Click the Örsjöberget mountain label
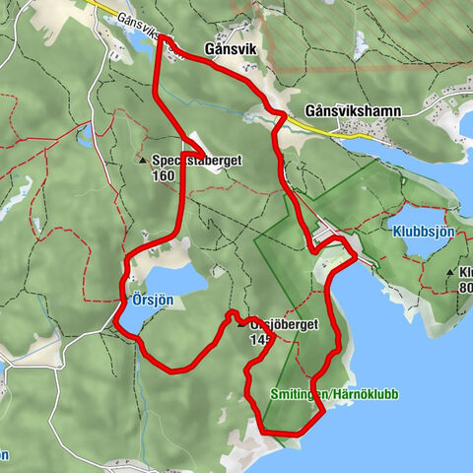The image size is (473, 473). tap(286, 323)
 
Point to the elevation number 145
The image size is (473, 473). tap(261, 339)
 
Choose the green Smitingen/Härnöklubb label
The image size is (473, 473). tap(334, 394)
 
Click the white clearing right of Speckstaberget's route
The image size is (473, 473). tap(201, 144)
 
